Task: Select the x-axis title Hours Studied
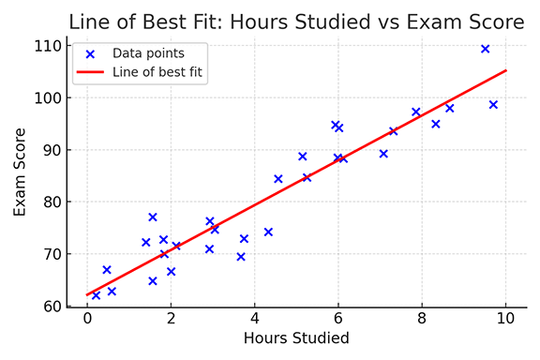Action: click(296, 338)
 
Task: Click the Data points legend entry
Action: click(148, 53)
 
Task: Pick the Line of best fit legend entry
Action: click(157, 71)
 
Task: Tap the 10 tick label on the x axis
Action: click(506, 318)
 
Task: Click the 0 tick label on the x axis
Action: click(87, 318)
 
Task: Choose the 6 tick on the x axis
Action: click(338, 318)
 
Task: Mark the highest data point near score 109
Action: click(485, 49)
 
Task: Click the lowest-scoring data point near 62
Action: click(96, 295)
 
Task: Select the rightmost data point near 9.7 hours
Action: click(493, 105)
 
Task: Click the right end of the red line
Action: click(506, 70)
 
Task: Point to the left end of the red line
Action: click(87, 295)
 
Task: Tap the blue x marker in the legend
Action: click(90, 53)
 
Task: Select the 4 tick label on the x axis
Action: click(255, 318)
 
